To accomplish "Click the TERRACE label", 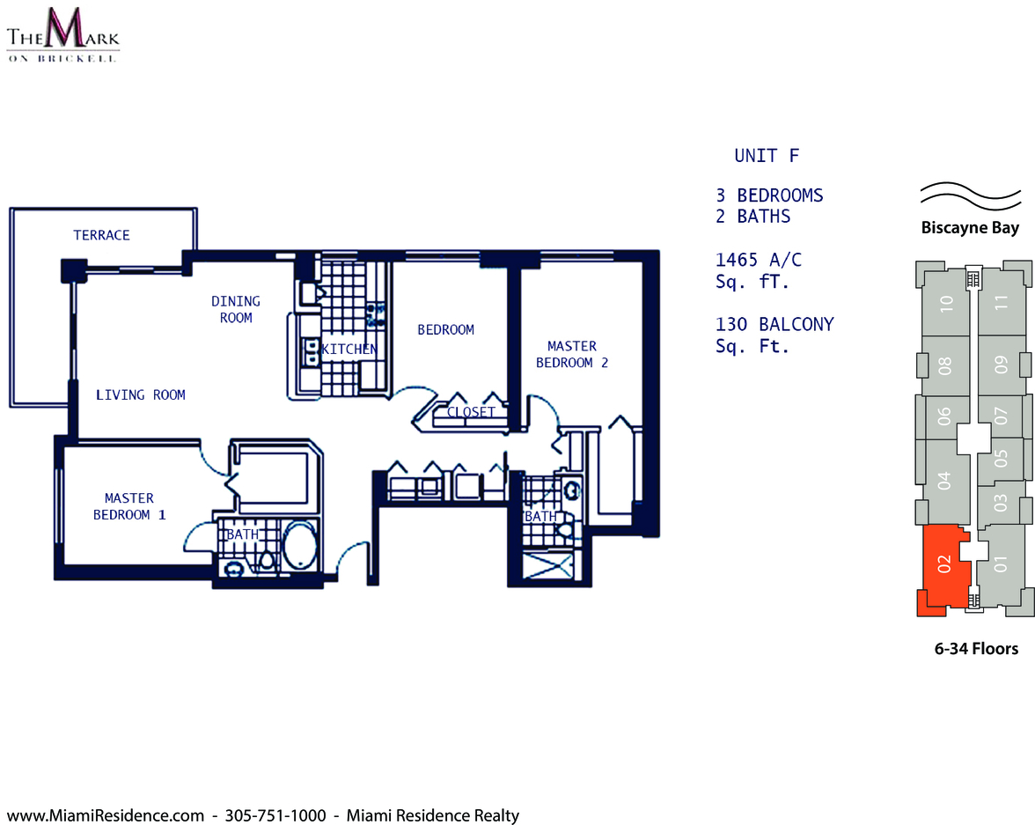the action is point(101,235).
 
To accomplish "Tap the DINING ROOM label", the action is point(236,309).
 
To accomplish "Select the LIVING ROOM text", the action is point(141,395).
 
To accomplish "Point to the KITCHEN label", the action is point(349,349).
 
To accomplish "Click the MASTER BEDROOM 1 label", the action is point(129,506).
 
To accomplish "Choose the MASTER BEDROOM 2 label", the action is point(572,354).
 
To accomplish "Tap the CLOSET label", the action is point(471,412).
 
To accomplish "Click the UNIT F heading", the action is point(767,156).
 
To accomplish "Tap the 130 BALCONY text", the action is point(774,324).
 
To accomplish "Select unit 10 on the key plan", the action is point(946,303).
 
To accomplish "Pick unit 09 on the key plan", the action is point(1002,365).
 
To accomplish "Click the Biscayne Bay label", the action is point(970,228).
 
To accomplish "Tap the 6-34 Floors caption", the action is point(976,649).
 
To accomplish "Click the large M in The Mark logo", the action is point(63,28).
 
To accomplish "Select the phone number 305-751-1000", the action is point(275,815).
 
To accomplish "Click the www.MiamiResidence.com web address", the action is point(105,815).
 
